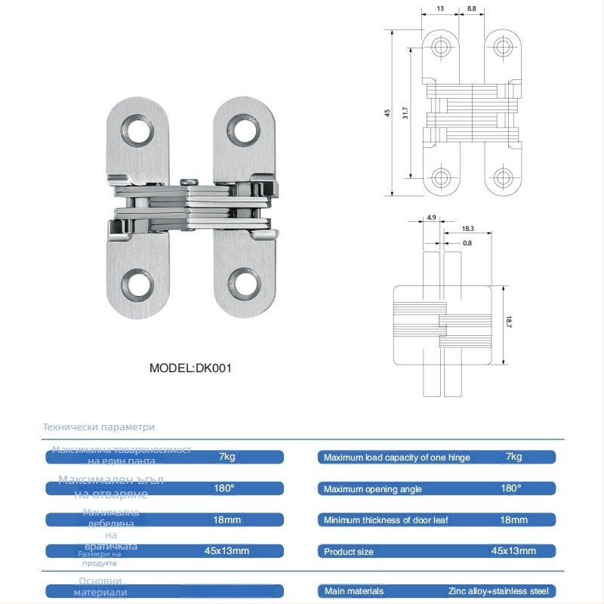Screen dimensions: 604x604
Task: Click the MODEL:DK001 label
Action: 190,368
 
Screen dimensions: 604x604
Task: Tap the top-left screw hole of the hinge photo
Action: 138,130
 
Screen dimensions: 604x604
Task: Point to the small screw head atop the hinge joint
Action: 190,180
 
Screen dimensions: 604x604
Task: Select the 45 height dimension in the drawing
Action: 387,113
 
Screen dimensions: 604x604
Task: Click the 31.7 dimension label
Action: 405,113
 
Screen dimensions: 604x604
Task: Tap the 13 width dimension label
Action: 440,8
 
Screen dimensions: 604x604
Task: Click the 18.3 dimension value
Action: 468,228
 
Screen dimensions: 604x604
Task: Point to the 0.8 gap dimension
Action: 467,242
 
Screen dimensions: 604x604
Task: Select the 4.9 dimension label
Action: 431,217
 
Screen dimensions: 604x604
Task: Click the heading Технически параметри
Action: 99,427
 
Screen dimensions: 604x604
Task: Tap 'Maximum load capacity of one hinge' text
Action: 396,458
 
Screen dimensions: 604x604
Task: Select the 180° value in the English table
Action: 511,488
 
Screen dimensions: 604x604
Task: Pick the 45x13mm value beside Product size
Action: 513,551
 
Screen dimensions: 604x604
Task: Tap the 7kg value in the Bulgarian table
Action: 226,457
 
